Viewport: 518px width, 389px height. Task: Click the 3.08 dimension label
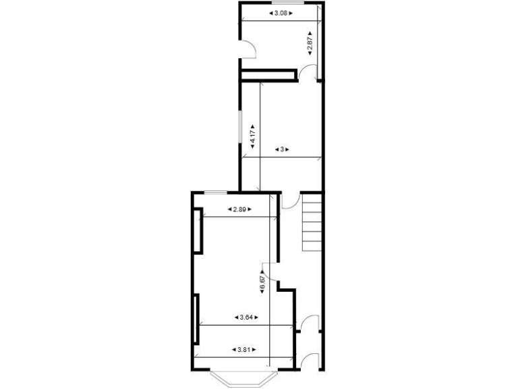point(281,13)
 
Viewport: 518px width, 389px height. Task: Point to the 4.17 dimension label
point(252,134)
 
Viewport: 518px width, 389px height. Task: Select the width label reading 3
point(282,149)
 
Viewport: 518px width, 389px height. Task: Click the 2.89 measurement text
point(239,209)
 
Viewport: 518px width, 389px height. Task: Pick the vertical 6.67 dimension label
point(262,282)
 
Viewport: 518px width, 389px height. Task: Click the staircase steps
point(312,222)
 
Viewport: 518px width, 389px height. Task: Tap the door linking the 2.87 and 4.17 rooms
point(308,72)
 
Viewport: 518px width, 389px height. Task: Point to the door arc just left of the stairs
point(288,201)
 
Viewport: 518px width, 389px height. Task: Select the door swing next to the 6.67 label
point(267,271)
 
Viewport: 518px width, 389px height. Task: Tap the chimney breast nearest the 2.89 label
point(196,231)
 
